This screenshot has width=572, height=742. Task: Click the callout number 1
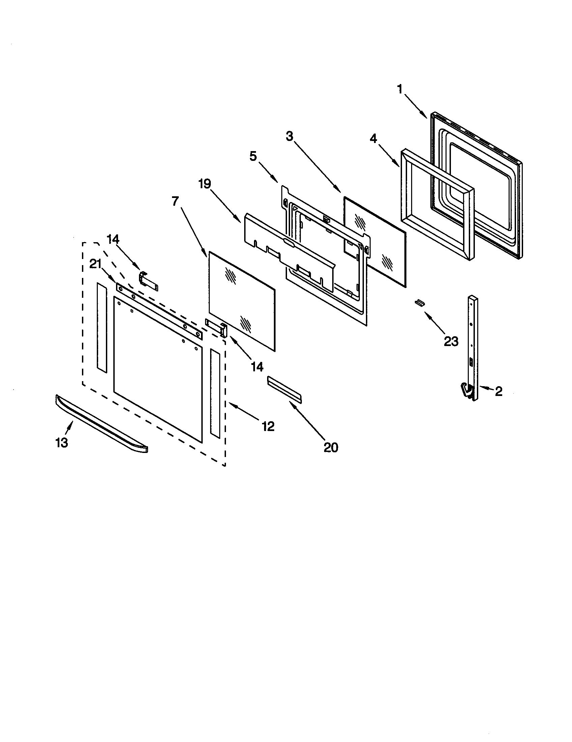pos(400,89)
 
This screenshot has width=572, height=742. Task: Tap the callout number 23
pos(451,341)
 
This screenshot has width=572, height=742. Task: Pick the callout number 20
pos(331,448)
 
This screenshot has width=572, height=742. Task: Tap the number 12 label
pos(268,426)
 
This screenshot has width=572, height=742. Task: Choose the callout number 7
pos(175,201)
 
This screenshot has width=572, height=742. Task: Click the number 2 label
pos(498,391)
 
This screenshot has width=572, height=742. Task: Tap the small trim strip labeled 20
pos(284,389)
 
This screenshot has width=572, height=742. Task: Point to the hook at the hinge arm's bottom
pos(466,389)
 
